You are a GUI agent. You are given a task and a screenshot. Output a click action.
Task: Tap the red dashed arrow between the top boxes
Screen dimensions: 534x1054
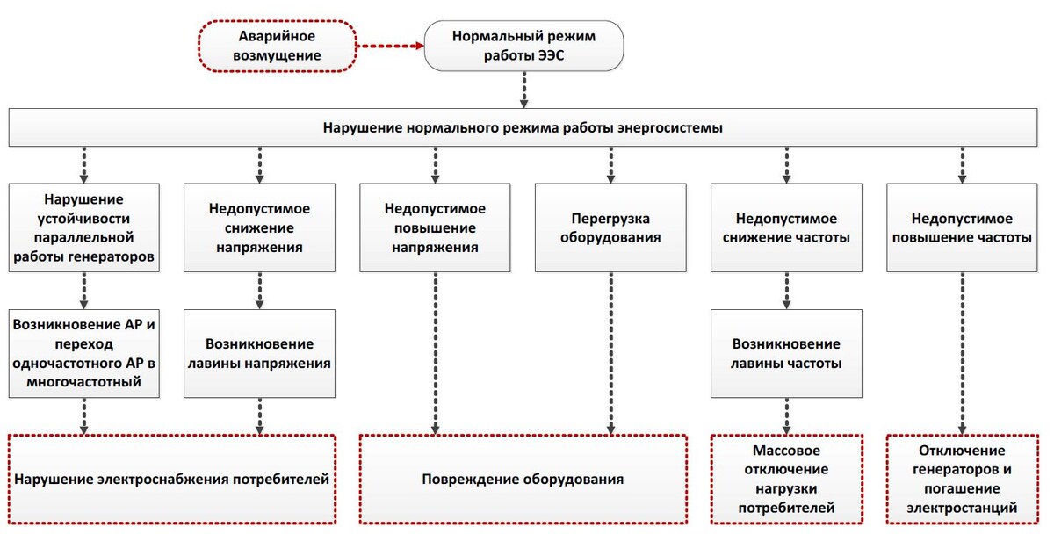coord(390,47)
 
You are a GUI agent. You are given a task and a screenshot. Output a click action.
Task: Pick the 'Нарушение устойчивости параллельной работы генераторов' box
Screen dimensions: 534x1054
coord(84,227)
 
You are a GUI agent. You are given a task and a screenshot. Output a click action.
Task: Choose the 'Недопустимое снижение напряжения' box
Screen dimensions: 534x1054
coord(259,227)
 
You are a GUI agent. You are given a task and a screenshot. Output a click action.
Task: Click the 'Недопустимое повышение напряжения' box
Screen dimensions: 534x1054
coord(435,227)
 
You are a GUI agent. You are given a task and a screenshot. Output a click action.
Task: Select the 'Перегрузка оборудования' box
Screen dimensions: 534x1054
coord(610,227)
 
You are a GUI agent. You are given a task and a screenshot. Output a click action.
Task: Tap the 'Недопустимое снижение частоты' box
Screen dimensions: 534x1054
coord(786,227)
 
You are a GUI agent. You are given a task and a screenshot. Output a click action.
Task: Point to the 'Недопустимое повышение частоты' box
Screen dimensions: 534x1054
coord(962,227)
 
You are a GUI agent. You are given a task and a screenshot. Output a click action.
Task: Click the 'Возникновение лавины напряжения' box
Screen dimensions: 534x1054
coord(259,353)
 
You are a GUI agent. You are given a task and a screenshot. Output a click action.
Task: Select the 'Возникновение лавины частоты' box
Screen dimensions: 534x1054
coord(786,353)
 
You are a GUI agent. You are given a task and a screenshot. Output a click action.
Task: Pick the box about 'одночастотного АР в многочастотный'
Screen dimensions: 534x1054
coord(84,353)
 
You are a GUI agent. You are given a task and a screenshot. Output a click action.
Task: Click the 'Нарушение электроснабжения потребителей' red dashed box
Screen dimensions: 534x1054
coord(172,480)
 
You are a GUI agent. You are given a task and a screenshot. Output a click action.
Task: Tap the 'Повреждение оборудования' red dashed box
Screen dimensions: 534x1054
coord(523,480)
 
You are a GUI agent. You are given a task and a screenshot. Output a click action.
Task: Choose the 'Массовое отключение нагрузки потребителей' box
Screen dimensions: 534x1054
coord(786,480)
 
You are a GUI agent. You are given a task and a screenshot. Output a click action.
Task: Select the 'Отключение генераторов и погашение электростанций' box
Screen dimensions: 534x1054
coord(962,480)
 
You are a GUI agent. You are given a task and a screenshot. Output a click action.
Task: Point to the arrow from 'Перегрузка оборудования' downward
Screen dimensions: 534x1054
coord(610,351)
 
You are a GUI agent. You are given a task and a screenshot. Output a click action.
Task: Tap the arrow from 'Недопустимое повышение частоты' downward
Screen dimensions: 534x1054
coord(962,351)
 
